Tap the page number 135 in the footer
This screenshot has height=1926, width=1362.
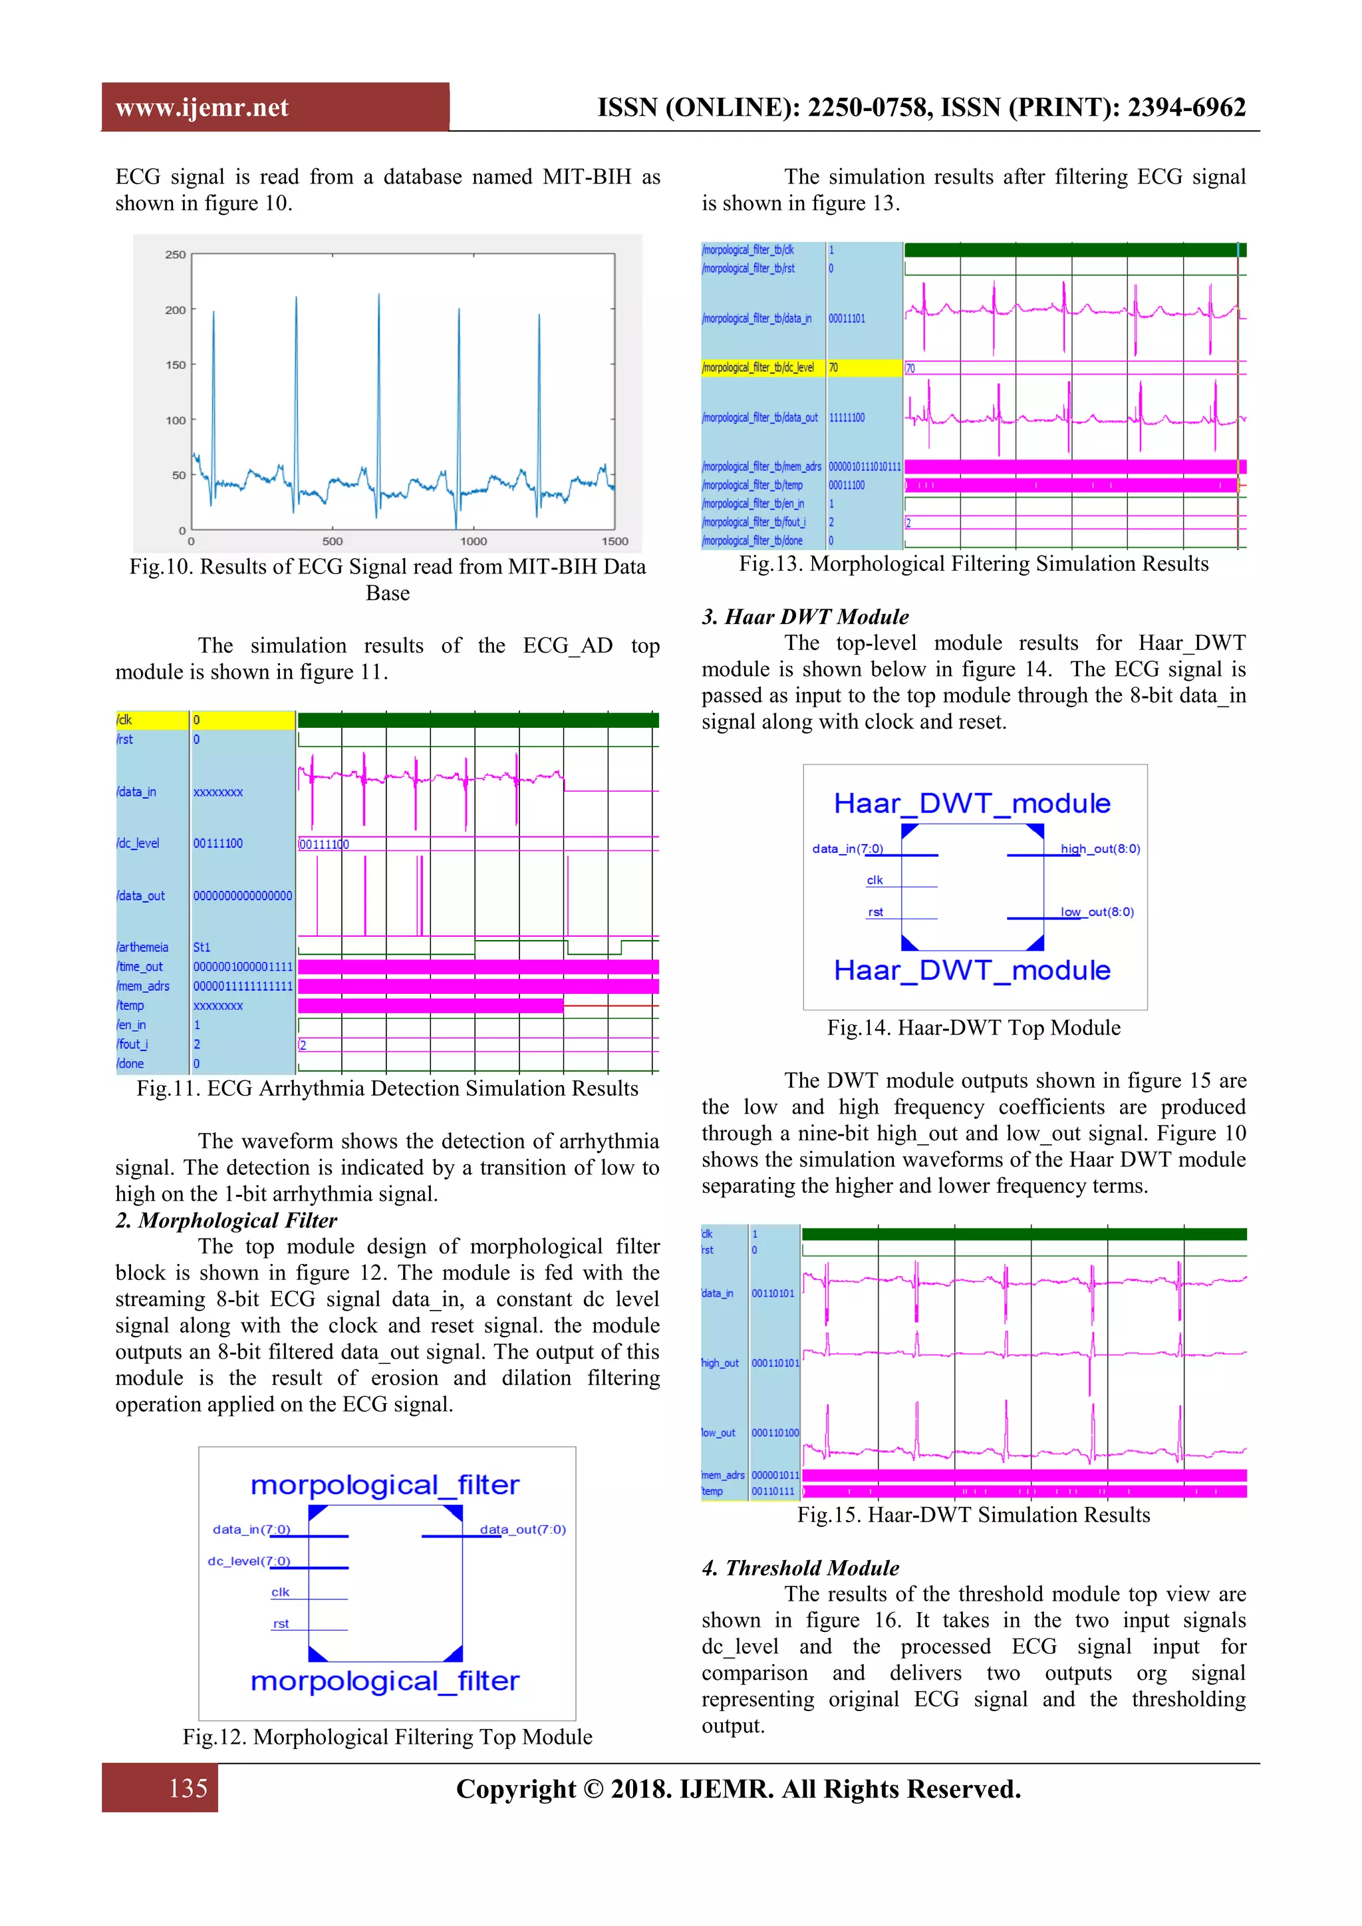click(188, 1788)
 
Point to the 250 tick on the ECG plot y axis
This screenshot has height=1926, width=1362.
click(176, 255)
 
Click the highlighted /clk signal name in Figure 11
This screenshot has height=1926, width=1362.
click(125, 721)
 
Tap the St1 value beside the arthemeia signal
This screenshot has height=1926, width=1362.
click(202, 947)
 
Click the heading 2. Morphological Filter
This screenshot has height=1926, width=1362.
click(226, 1221)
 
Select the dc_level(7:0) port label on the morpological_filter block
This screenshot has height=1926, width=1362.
click(249, 1561)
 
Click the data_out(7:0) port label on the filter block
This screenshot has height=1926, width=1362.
click(523, 1529)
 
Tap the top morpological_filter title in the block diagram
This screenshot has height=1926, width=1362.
click(385, 1486)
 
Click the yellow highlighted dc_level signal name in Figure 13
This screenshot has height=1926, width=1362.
click(758, 367)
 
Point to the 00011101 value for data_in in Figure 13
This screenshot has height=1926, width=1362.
click(847, 319)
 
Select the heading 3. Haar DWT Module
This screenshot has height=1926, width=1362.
click(805, 617)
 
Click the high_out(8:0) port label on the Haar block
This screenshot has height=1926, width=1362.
click(1099, 849)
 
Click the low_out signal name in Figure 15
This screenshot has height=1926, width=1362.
click(719, 1433)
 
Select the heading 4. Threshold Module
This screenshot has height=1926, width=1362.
click(800, 1568)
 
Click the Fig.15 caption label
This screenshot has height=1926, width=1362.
click(829, 1515)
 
